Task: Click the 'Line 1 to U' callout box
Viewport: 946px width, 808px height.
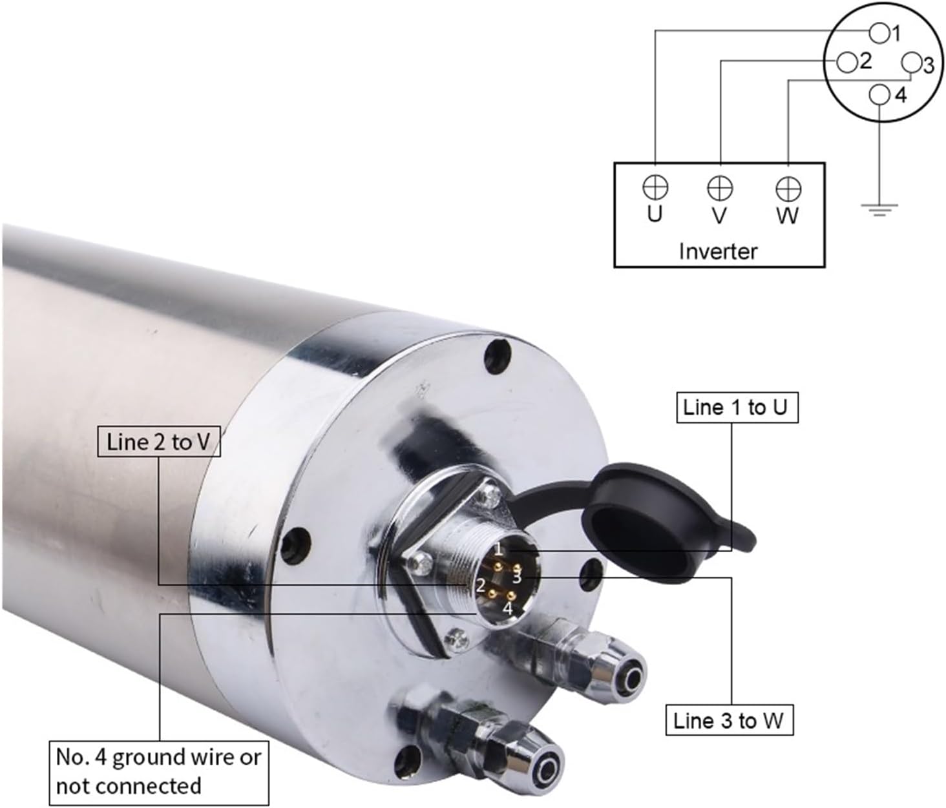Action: pyautogui.click(x=737, y=408)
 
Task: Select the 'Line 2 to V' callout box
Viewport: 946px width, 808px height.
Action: pyautogui.click(x=158, y=442)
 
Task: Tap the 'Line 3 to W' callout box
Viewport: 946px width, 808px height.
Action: pyautogui.click(x=729, y=720)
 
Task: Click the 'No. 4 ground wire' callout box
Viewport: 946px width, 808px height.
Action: pyautogui.click(x=158, y=771)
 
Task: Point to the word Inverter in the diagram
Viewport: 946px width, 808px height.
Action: pyautogui.click(x=718, y=251)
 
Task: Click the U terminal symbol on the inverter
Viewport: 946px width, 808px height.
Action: pyautogui.click(x=655, y=187)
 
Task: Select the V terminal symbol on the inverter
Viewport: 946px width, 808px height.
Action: pyautogui.click(x=720, y=189)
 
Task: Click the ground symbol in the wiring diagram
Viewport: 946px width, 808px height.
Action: pyautogui.click(x=879, y=209)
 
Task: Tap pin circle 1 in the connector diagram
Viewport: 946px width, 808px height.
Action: pyautogui.click(x=879, y=32)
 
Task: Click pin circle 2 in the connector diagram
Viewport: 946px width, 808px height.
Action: pyautogui.click(x=847, y=63)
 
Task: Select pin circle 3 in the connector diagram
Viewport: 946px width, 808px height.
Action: pyautogui.click(x=911, y=63)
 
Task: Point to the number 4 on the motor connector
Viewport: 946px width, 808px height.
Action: pyautogui.click(x=508, y=608)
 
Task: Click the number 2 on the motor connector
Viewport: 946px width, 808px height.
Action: pyautogui.click(x=480, y=586)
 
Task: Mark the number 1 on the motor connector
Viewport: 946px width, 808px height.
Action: pyautogui.click(x=498, y=550)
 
